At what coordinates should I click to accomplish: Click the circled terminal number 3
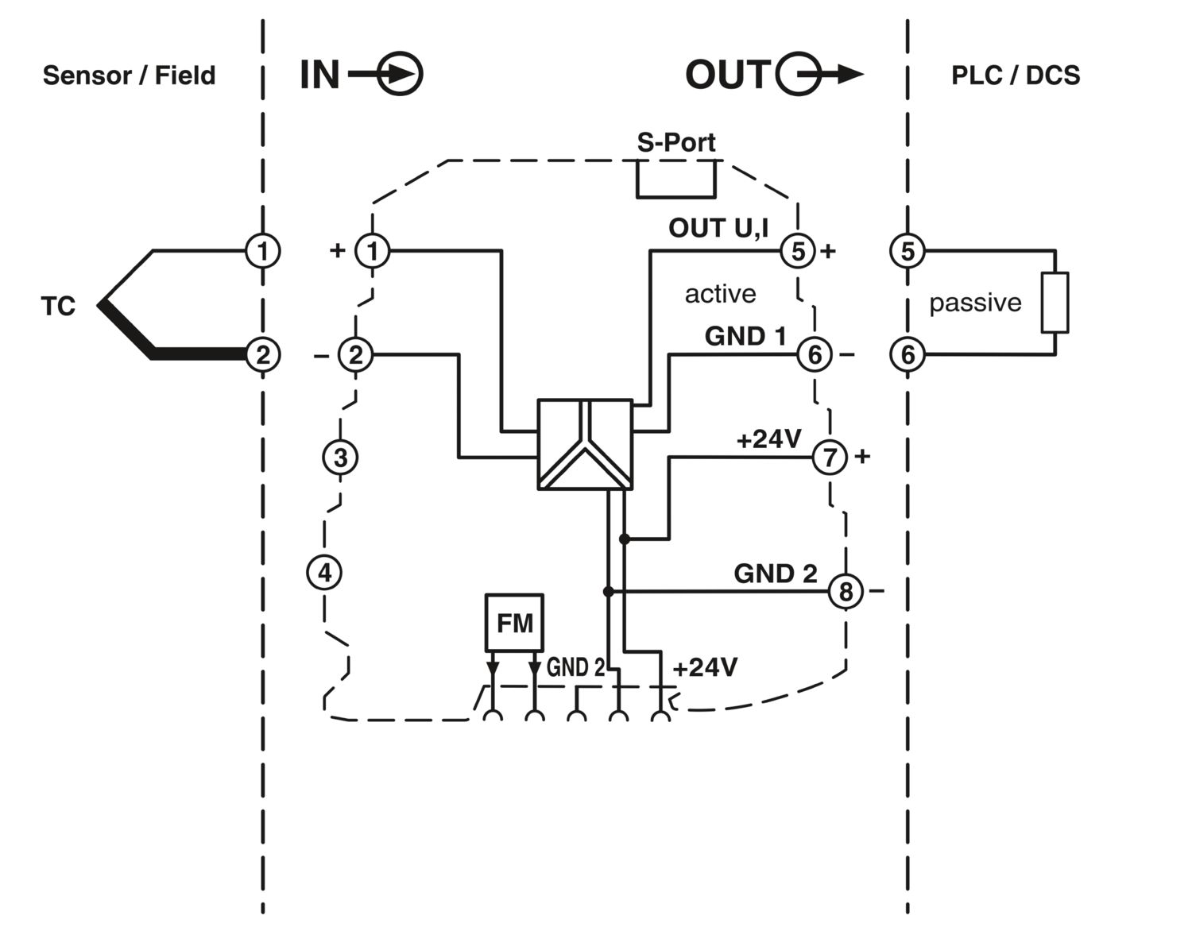[340, 458]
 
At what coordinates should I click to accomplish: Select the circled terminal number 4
[324, 572]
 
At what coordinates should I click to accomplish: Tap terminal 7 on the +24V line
[830, 457]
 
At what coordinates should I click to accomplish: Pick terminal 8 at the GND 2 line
[846, 591]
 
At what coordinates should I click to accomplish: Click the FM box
[514, 623]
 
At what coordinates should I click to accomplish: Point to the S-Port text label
[675, 142]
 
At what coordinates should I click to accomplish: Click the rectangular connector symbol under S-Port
[675, 180]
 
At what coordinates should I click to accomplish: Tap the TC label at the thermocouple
[58, 306]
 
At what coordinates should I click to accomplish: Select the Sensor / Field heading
[129, 75]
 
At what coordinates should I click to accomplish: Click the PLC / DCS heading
[1016, 75]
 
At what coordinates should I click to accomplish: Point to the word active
[720, 294]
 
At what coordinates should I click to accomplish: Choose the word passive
[975, 303]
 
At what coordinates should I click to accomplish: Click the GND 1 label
[745, 336]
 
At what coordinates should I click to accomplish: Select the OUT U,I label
[718, 228]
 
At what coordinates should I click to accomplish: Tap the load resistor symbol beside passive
[1055, 303]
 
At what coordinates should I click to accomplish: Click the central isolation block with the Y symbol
[585, 444]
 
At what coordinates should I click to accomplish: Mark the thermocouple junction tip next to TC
[102, 303]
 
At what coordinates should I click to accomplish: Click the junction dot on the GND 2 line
[609, 591]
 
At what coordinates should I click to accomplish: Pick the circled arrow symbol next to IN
[399, 75]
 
